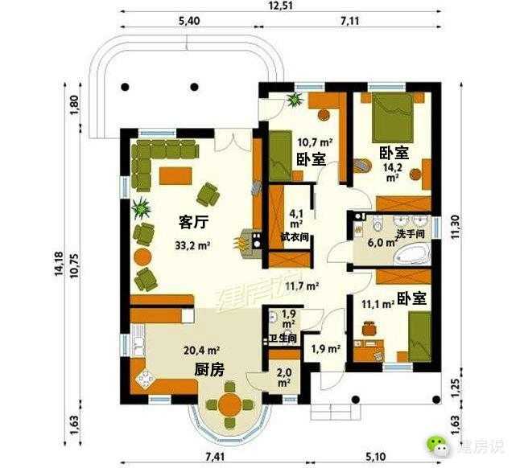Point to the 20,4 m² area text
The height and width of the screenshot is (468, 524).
point(201,350)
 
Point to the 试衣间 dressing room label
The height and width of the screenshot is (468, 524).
point(295,237)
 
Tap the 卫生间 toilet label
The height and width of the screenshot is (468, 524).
point(288,338)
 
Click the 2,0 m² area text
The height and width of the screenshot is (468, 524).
point(284,376)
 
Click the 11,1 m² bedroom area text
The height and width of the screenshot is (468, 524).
point(376,304)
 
